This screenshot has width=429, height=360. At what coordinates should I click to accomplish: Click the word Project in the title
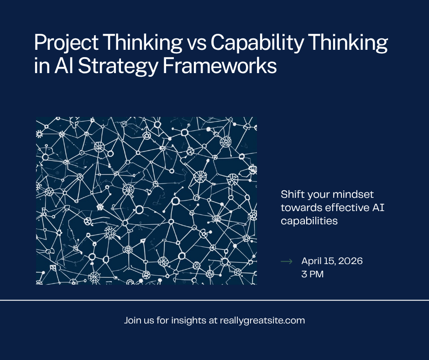(x=67, y=43)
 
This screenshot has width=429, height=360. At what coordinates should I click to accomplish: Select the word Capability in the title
(x=257, y=43)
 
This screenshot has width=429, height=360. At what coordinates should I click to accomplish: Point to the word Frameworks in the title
(x=220, y=66)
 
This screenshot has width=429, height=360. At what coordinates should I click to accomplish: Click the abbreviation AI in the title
(x=64, y=66)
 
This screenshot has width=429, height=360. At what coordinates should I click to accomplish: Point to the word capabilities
(x=309, y=221)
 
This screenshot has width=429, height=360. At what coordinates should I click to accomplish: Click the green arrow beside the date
(x=287, y=261)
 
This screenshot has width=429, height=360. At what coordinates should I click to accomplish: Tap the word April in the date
(x=311, y=261)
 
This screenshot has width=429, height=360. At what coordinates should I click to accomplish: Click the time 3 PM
(x=313, y=274)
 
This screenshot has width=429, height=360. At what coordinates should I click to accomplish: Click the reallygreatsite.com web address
(x=262, y=321)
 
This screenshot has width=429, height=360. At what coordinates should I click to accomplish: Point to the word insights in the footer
(x=189, y=321)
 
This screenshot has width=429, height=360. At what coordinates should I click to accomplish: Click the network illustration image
(x=146, y=201)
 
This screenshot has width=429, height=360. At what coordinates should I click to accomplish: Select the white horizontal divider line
(x=214, y=300)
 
